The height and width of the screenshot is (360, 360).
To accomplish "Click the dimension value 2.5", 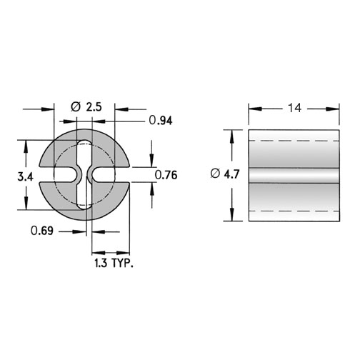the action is (x=94, y=107).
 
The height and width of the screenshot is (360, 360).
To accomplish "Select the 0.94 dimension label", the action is (x=161, y=121).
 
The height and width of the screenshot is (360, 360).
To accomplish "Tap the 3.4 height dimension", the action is (x=26, y=177).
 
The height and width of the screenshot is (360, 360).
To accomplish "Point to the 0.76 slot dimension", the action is (x=166, y=175).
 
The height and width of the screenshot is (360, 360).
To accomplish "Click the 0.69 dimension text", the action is (x=42, y=231).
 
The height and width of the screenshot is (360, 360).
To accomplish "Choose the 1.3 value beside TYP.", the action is (x=101, y=264).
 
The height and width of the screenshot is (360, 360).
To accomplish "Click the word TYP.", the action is (x=122, y=264).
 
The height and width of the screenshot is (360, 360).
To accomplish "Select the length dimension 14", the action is (x=294, y=108).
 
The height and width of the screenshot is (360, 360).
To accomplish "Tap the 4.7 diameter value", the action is (x=231, y=174).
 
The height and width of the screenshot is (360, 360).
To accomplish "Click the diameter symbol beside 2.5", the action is (x=76, y=107).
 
